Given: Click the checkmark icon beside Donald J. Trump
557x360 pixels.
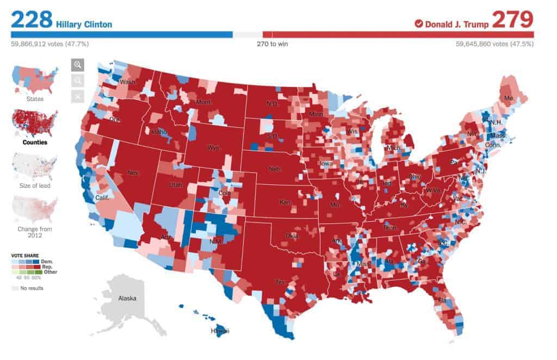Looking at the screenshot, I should tap(418, 23).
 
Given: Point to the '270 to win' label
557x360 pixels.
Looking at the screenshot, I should tap(272, 44).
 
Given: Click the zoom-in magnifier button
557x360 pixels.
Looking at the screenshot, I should tap(78, 65).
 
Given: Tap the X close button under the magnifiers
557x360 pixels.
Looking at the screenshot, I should tap(78, 96).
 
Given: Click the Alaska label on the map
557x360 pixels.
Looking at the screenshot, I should tap(127, 298).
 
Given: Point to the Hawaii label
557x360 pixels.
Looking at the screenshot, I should tap(220, 331).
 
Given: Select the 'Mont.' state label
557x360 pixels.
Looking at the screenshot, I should tap(203, 102).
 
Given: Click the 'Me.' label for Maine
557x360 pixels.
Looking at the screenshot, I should tap(509, 98).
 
